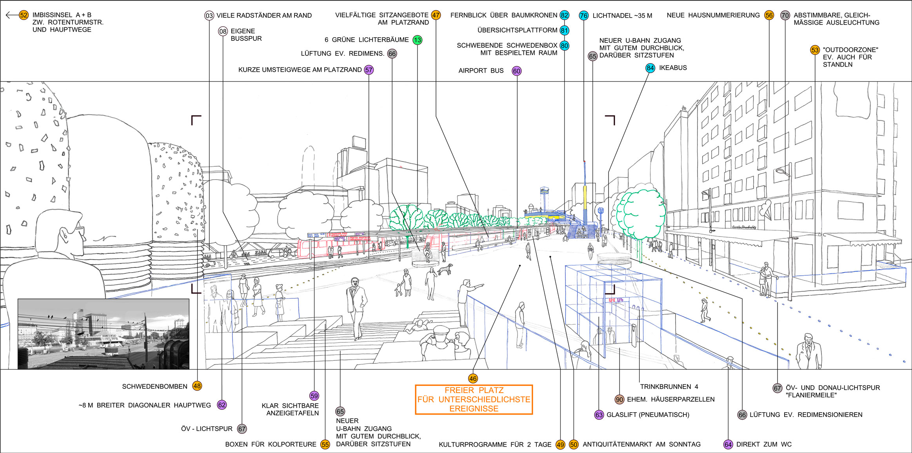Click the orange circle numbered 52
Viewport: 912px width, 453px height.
[x=24, y=15]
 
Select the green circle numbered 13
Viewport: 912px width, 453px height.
[x=417, y=40]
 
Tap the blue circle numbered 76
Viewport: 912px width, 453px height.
[x=583, y=16]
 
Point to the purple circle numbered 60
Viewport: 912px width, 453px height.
[x=516, y=71]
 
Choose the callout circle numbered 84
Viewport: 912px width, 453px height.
[x=650, y=68]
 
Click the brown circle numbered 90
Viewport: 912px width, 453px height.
[x=619, y=400]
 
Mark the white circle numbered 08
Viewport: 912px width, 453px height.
[x=223, y=31]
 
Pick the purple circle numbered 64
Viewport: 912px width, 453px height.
[x=728, y=445]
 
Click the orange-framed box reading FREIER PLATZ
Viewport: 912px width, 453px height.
[x=474, y=400]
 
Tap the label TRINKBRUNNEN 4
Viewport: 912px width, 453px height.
[x=669, y=387]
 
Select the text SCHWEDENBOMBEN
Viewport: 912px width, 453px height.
[x=154, y=387]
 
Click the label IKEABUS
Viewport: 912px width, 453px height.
[x=673, y=68]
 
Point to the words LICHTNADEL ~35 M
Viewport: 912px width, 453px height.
[x=622, y=16]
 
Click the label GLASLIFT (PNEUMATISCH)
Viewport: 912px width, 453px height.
[x=648, y=415]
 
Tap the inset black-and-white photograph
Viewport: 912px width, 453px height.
[x=104, y=334]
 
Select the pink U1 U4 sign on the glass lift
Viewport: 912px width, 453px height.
[x=616, y=300]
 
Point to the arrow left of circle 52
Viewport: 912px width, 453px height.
[x=12, y=15]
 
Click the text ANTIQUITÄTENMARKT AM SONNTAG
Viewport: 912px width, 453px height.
[x=641, y=445]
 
